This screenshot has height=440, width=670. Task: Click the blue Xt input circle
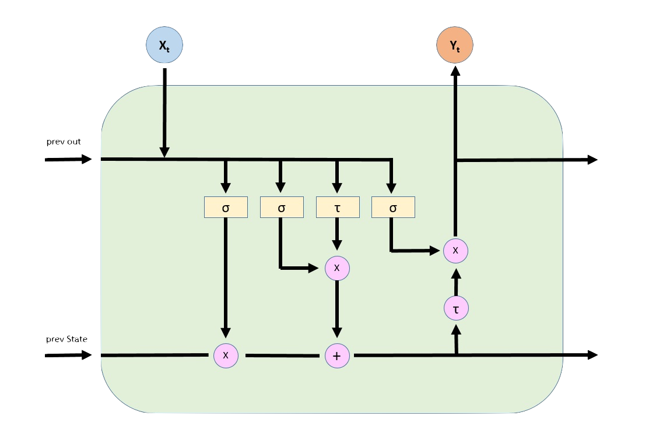[164, 45]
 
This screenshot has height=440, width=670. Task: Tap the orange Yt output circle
[455, 45]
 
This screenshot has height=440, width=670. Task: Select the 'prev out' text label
[64, 142]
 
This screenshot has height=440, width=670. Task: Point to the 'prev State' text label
[67, 339]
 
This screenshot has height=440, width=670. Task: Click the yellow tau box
[337, 207]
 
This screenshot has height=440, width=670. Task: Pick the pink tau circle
[455, 308]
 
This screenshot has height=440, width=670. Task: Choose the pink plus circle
[337, 355]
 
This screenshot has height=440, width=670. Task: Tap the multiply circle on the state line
[226, 355]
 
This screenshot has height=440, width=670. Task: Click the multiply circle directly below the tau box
[337, 268]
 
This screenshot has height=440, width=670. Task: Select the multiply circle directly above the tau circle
[455, 251]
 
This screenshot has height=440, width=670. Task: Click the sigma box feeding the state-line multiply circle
[226, 207]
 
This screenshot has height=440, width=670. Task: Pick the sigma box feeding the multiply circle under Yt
[393, 207]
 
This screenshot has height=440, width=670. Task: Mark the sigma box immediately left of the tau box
[282, 207]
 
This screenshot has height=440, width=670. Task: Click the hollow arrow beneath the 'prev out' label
[69, 159]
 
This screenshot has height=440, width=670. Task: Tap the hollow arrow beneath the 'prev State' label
[69, 355]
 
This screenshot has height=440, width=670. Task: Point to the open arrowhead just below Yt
[455, 71]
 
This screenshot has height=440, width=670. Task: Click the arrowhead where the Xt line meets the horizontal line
[164, 152]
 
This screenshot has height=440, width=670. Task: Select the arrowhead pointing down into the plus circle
[337, 332]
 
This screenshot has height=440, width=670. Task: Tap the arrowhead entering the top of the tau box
[337, 187]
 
